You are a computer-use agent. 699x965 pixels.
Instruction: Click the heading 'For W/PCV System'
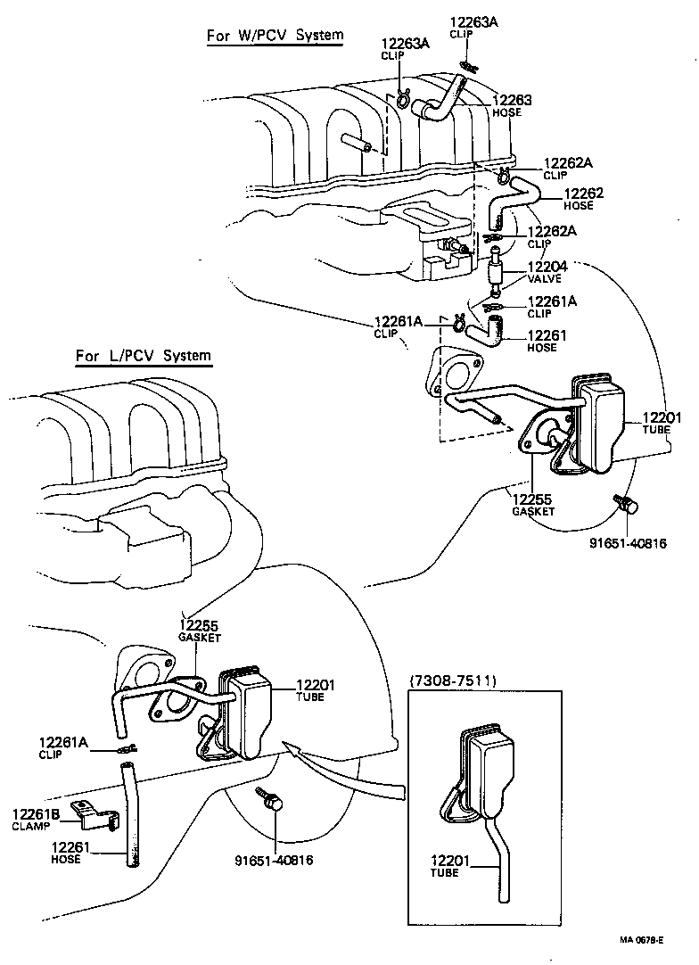(x=274, y=36)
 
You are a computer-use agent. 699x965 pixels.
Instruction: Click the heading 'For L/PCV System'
(x=144, y=356)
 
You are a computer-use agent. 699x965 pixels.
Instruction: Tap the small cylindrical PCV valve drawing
(x=496, y=269)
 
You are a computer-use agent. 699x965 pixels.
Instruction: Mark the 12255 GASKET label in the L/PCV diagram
(x=200, y=631)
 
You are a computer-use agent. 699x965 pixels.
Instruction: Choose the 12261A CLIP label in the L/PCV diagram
(x=62, y=746)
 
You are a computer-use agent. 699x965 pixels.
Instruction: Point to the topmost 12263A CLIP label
(x=473, y=27)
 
